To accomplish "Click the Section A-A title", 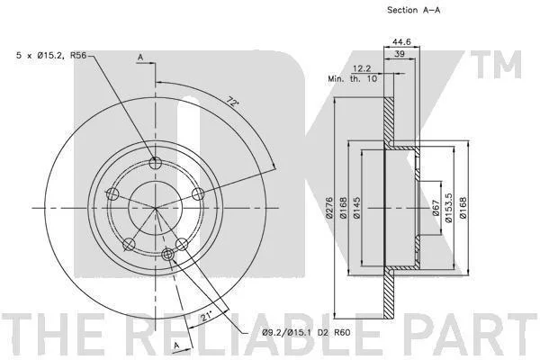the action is (414, 10).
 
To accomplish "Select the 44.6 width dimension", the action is (401, 41).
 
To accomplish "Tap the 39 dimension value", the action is (400, 54).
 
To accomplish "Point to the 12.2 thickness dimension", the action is (362, 69).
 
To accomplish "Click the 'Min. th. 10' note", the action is (352, 78).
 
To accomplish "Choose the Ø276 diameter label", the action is (329, 207).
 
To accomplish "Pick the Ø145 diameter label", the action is (356, 207).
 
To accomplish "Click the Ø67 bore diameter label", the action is (436, 208).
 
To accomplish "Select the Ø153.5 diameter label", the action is (448, 208).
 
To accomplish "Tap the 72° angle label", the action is (233, 103).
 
